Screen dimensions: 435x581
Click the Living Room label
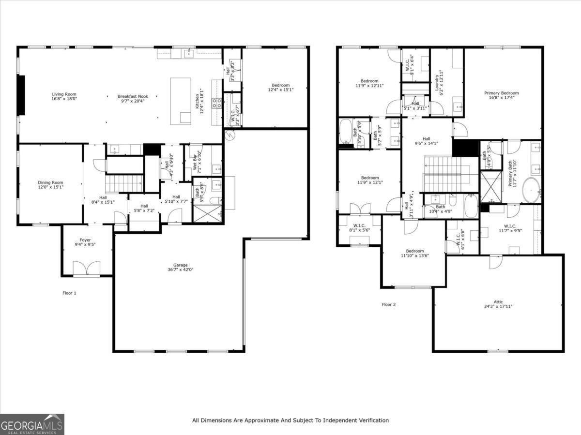tap(64, 94)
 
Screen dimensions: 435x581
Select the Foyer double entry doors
tap(87, 268)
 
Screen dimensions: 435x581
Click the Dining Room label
tap(51, 182)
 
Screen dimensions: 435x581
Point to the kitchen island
tap(181, 101)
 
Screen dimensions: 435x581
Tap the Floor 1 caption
tap(69, 293)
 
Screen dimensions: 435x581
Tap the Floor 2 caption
tap(389, 304)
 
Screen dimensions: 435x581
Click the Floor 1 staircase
tap(124, 184)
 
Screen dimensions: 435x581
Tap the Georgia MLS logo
tap(32, 424)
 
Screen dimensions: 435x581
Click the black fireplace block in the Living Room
tap(21, 95)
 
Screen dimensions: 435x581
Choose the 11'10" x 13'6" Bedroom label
tap(415, 251)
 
